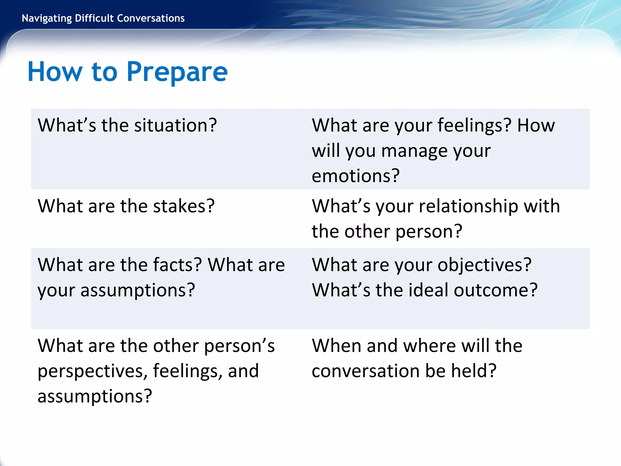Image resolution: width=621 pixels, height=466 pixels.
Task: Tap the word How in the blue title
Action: click(x=55, y=72)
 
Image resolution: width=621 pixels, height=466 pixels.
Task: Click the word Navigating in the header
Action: click(x=47, y=19)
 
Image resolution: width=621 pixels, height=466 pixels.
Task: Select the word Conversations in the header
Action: click(x=151, y=18)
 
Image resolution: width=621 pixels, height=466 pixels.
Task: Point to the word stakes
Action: click(x=184, y=206)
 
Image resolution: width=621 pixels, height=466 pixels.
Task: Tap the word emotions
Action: click(x=355, y=176)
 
